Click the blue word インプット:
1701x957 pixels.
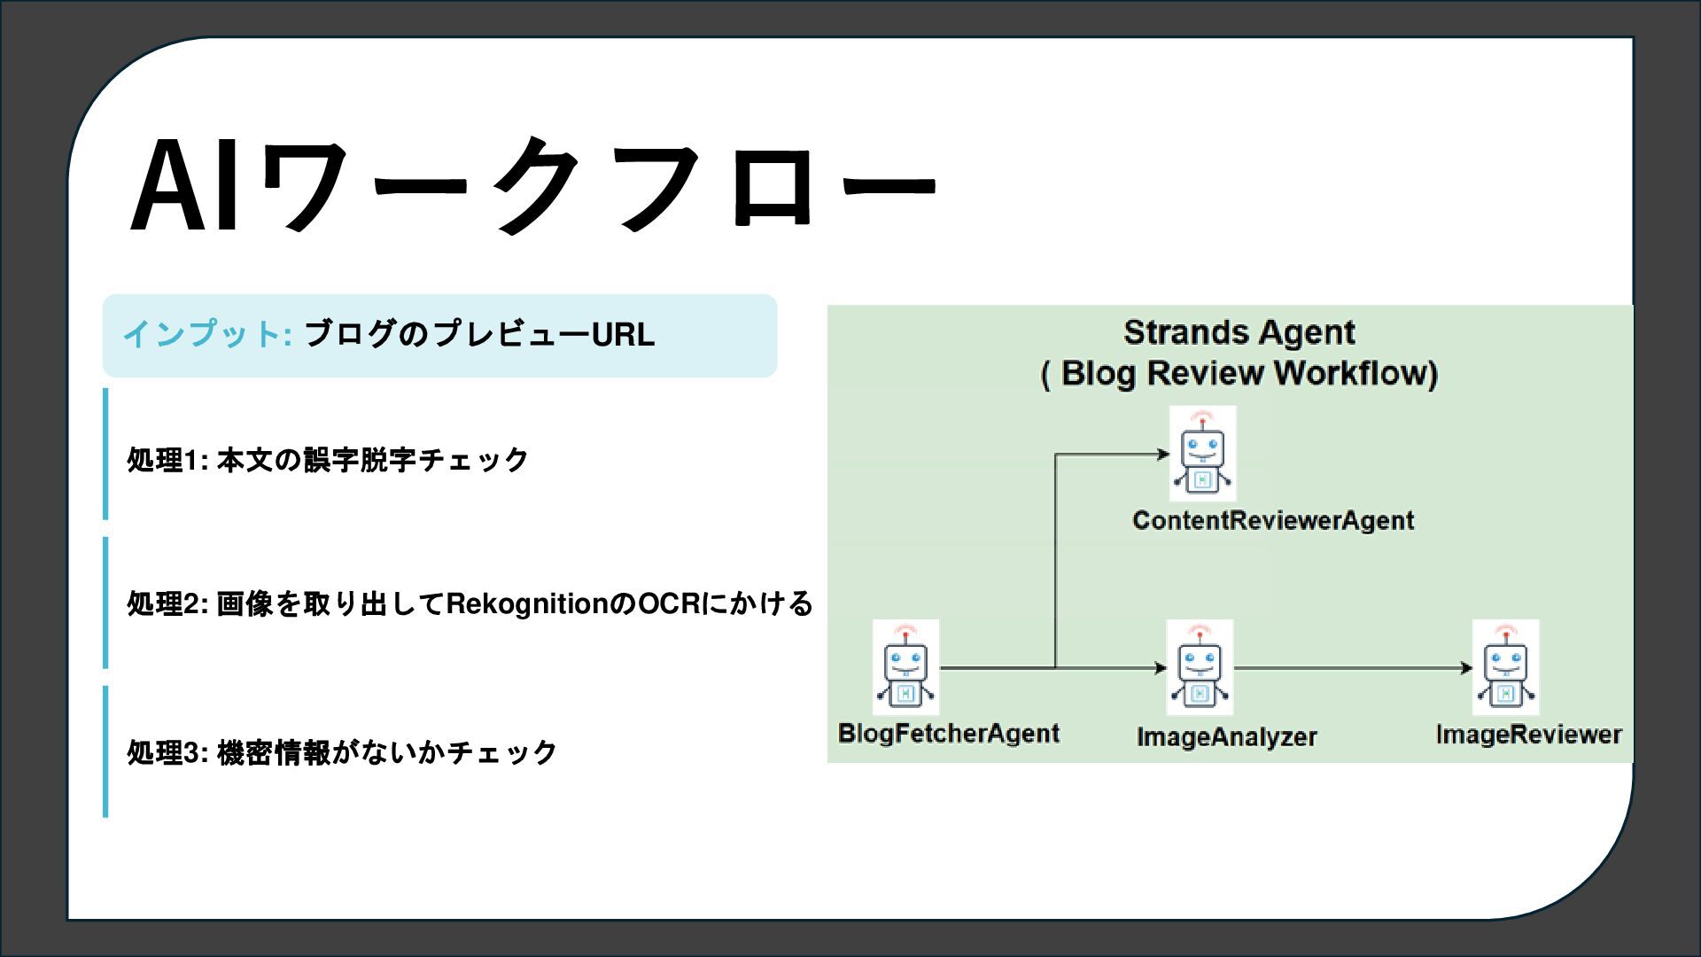[x=207, y=334]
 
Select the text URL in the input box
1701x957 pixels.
[x=623, y=335]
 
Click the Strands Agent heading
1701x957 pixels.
[x=1239, y=332]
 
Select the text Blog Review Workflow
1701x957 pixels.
[x=1247, y=373]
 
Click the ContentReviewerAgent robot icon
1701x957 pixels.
[x=1202, y=454]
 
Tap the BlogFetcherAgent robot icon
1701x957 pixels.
[x=905, y=668]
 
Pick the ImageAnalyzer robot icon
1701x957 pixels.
[x=1200, y=668]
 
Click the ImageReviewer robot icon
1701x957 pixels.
[x=1505, y=668]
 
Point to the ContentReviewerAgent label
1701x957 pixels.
[x=1272, y=520]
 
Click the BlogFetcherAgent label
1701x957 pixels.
[x=948, y=734]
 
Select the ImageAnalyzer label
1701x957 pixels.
[x=1226, y=737]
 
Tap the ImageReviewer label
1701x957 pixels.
[x=1528, y=735]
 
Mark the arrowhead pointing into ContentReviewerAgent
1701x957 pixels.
[x=1163, y=455]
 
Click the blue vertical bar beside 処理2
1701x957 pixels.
[x=105, y=603]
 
